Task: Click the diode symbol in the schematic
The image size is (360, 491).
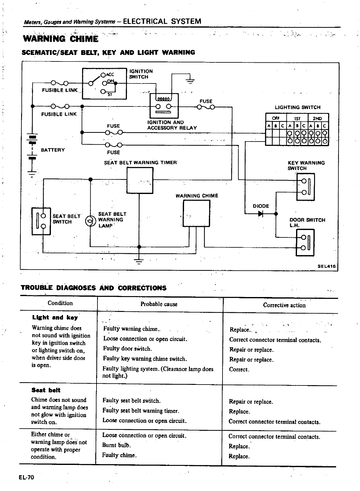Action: pos(260,214)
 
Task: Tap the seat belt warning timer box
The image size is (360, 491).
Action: pos(140,180)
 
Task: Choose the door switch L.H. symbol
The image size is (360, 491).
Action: pos(305,242)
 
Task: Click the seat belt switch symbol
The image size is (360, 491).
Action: pos(41,221)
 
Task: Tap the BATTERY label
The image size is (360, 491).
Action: pos(53,150)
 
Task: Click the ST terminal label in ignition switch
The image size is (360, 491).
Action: pos(110,95)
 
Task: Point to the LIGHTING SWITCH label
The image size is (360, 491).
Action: pos(297,107)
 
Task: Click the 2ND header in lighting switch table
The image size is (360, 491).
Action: pos(317,118)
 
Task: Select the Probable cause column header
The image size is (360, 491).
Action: pos(159,304)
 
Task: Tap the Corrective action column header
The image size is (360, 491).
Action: pos(284,305)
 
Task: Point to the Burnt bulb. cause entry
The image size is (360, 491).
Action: pos(116,445)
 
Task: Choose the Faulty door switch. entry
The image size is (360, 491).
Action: pos(127,349)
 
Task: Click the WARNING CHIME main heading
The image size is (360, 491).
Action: pos(61,39)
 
